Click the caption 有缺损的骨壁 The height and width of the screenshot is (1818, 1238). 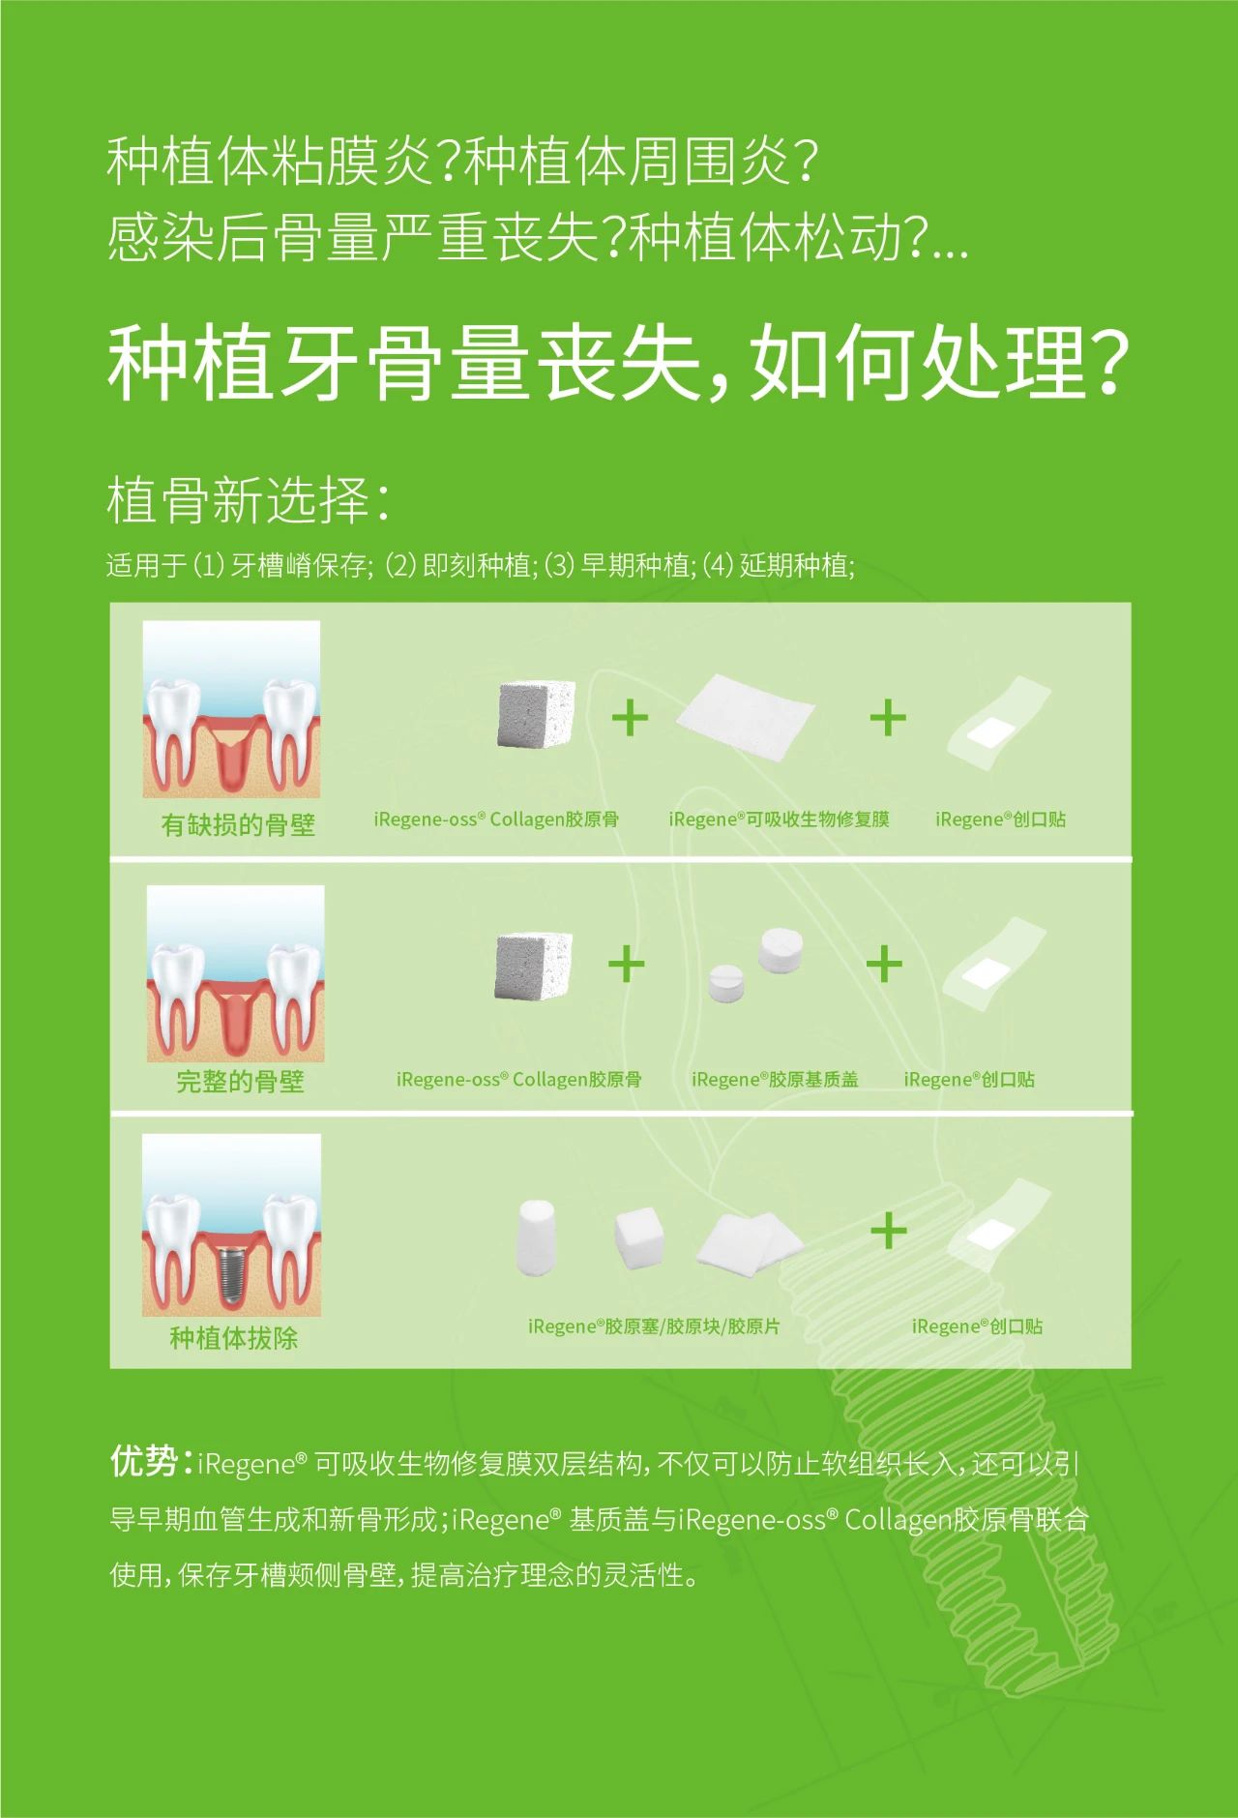(x=238, y=824)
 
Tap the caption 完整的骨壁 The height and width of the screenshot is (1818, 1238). (x=240, y=1081)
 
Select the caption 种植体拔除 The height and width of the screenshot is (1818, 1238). (x=233, y=1338)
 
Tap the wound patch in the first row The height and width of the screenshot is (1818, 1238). (x=997, y=726)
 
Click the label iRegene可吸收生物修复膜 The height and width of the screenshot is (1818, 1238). (x=779, y=820)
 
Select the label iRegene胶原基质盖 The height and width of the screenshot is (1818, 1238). (x=775, y=1080)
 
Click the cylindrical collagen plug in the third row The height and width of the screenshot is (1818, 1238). (x=537, y=1237)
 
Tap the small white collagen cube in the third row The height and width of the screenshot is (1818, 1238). (x=639, y=1237)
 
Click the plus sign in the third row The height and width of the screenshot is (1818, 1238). (x=888, y=1232)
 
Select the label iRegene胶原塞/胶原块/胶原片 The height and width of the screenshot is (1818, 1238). (x=654, y=1326)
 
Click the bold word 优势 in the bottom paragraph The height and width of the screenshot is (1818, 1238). (x=143, y=1461)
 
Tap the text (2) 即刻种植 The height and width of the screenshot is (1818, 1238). (x=459, y=565)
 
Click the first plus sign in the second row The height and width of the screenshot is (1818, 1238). (x=627, y=965)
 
